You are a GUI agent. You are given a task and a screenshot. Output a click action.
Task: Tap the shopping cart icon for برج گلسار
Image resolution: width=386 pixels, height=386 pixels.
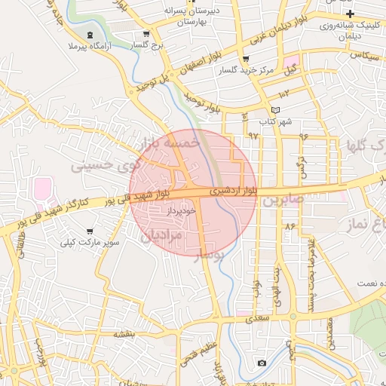(146, 34)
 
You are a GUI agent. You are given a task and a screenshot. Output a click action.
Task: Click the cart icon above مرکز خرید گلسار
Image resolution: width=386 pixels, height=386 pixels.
(245, 60)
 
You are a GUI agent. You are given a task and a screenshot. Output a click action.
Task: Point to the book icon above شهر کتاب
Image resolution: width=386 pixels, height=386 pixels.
(263, 110)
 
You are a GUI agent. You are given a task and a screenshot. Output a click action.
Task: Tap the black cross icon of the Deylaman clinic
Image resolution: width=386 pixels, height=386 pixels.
(350, 15)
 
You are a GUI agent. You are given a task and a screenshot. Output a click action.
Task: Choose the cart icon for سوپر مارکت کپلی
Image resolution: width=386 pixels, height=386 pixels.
(90, 231)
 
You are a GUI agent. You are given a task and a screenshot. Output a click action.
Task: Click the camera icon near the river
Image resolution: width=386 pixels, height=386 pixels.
(261, 363)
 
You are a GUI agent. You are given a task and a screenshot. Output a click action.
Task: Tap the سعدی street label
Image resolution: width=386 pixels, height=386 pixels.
(259, 320)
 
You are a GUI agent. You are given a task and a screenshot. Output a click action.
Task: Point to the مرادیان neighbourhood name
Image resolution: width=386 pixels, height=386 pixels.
(161, 234)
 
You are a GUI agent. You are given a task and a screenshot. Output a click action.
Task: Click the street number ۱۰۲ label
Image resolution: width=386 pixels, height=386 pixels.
(283, 94)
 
